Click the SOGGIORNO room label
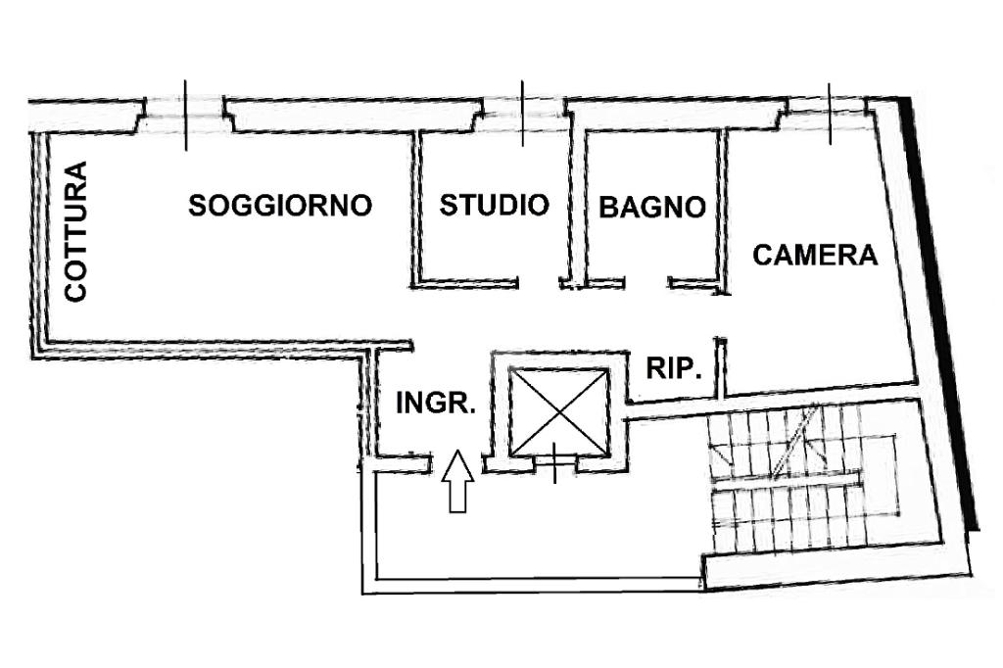[281, 206]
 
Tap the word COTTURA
[76, 231]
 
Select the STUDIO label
[494, 205]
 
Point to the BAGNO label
[652, 207]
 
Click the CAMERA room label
[815, 256]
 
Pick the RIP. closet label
[674, 369]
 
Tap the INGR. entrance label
[436, 403]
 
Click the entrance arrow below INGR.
[457, 481]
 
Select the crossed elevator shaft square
[558, 412]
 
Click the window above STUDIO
[522, 113]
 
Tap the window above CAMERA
[830, 112]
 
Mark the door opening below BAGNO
[646, 284]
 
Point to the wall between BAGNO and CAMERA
[723, 211]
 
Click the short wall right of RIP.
[720, 367]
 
